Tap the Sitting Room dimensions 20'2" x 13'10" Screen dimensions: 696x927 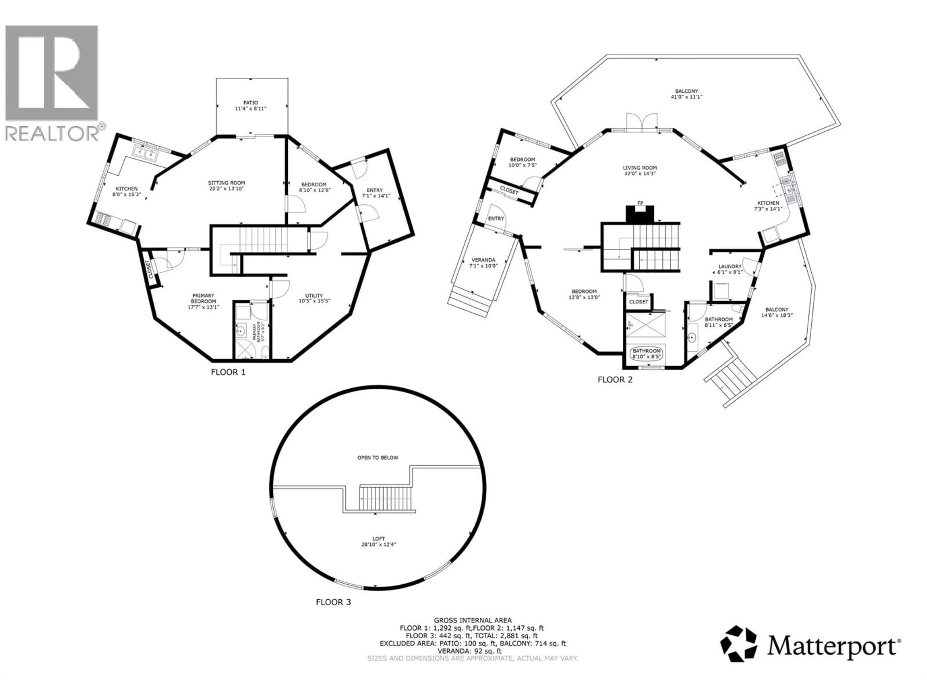pos(226,189)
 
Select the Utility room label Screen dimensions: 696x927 pos(314,295)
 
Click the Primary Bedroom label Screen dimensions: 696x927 pos(203,298)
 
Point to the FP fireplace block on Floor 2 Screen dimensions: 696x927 pos(640,214)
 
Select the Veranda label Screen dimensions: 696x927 pos(483,260)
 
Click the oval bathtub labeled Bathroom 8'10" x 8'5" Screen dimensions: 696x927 pos(647,353)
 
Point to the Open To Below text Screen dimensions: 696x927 pos(378,458)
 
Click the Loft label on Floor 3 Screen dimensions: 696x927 pos(379,539)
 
